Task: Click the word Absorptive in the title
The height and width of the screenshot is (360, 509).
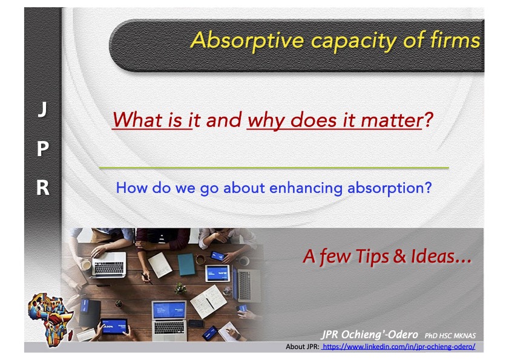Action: pos(247,41)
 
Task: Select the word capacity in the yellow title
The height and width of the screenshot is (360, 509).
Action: pos(353,42)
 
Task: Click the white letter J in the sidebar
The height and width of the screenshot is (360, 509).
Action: pos(42,109)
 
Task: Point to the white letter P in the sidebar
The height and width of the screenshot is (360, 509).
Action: pos(43,149)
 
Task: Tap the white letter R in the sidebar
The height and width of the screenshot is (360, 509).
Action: pos(43,188)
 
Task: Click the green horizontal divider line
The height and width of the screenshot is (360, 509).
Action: pos(274,168)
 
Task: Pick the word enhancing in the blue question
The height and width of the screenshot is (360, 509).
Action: pos(306,189)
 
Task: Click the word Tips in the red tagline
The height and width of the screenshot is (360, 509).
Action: pos(372,257)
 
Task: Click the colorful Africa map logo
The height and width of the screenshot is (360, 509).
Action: pos(51,319)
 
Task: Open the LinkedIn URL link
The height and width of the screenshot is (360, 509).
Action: pos(398,347)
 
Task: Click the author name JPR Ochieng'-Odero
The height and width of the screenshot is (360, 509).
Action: pos(370,335)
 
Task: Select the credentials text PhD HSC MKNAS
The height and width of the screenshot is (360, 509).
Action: pos(450,336)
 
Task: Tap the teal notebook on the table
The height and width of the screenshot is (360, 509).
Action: pos(186,264)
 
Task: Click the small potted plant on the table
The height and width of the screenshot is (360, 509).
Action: pos(180,288)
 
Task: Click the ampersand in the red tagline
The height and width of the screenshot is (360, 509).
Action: pos(399,257)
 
